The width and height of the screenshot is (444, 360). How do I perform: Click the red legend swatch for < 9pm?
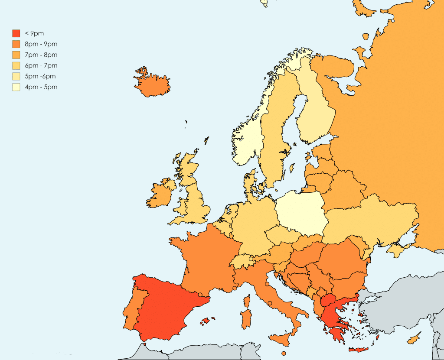[16, 33]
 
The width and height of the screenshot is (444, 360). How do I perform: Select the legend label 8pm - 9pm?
[41, 44]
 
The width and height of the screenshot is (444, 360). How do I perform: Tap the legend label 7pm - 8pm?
[41, 55]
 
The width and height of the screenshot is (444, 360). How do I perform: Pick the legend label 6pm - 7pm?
[41, 66]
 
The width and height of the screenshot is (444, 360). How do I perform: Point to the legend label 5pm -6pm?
[40, 77]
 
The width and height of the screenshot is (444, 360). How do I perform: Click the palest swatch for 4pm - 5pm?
[16, 88]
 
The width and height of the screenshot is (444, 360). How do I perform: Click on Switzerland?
[243, 261]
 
